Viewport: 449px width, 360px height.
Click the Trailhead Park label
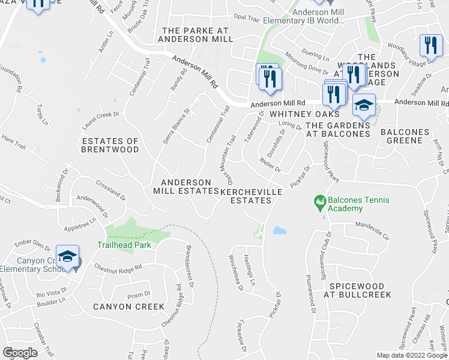click(124, 244)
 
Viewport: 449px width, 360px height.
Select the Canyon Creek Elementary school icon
click(68, 257)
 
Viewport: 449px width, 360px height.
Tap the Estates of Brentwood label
click(110, 145)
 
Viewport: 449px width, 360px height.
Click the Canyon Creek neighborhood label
click(128, 307)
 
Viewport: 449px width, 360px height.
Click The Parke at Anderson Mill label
click(195, 34)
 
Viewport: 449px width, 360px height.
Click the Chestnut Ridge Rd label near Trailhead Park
click(118, 268)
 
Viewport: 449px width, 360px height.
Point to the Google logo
click(20, 353)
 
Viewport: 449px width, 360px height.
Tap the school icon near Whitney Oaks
click(364, 106)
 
